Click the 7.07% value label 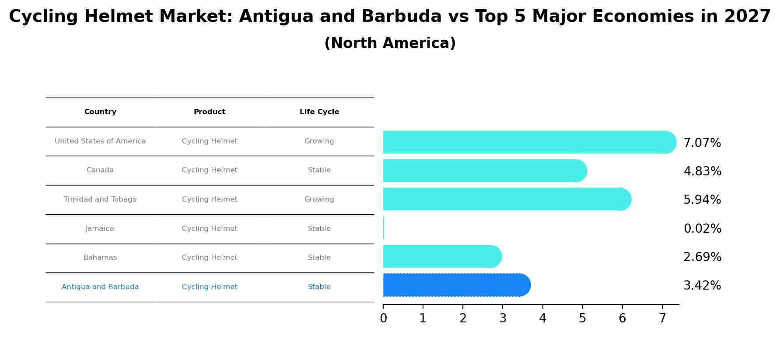[x=702, y=143]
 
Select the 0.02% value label [x=702, y=229]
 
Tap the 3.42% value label [x=702, y=286]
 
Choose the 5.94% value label [x=702, y=200]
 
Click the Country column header [x=100, y=112]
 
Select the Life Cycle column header [x=319, y=112]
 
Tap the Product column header [x=210, y=112]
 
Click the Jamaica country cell [x=100, y=229]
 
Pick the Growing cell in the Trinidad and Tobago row [x=319, y=199]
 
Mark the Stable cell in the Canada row [x=319, y=170]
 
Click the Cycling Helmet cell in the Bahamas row [x=210, y=258]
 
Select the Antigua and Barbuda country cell [x=100, y=287]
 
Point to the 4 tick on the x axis [x=542, y=318]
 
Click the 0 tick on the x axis [x=383, y=318]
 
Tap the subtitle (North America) [x=390, y=43]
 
